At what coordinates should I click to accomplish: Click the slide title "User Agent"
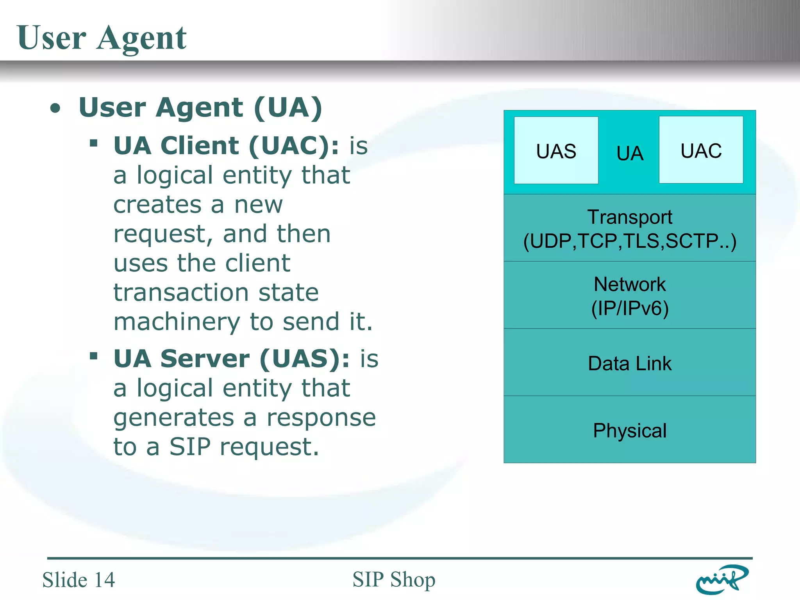click(x=102, y=38)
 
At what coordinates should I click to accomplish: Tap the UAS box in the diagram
click(x=556, y=150)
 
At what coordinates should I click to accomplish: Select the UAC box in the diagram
click(x=701, y=150)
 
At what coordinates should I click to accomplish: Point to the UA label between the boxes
click(x=630, y=153)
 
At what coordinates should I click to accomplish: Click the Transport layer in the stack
click(x=630, y=229)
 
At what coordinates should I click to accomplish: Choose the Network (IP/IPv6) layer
click(x=630, y=296)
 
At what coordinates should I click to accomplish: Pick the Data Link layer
click(x=630, y=363)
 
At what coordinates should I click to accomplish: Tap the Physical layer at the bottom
click(x=630, y=430)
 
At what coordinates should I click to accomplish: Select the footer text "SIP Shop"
click(x=394, y=580)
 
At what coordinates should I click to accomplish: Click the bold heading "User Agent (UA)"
click(x=200, y=107)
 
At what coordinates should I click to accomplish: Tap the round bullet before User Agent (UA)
click(x=55, y=109)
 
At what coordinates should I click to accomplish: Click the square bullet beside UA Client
click(x=93, y=143)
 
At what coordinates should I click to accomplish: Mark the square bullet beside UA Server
click(x=93, y=356)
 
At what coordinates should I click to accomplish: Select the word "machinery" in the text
click(x=177, y=322)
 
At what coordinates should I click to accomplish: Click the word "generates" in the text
click(x=173, y=418)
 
